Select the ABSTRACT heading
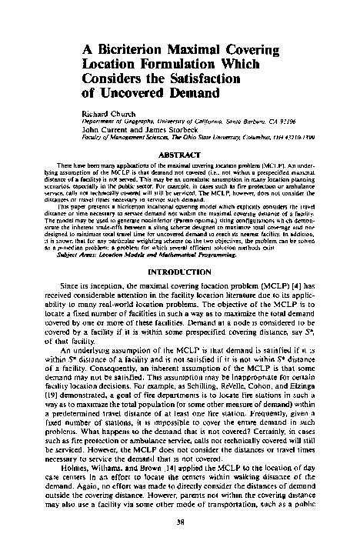[179, 154]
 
